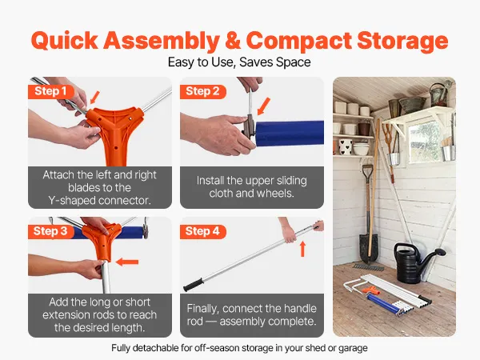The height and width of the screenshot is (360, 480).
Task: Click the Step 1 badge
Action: coord(51,91)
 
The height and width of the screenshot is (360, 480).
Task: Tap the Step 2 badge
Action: coord(202,91)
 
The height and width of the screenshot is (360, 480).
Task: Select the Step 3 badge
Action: coord(51,231)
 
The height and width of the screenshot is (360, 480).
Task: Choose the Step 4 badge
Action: coord(202,231)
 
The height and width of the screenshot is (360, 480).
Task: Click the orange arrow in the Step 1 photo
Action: coord(95,98)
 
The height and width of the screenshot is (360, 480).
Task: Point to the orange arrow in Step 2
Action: coord(263,106)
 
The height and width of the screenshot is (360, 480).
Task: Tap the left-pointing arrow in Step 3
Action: coord(127,262)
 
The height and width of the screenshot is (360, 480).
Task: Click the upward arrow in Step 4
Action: coord(302,249)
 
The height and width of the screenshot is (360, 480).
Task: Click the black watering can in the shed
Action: coord(416,262)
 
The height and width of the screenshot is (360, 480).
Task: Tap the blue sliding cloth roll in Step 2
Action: coord(290,134)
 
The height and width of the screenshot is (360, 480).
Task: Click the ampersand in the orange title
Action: coord(233,41)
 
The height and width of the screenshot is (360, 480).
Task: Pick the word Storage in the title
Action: coord(402,42)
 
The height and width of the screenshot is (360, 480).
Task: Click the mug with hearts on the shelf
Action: coord(346,146)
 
